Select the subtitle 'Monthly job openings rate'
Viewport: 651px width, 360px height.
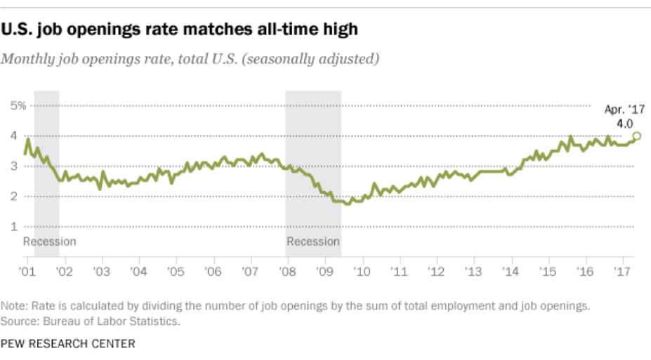click(x=190, y=58)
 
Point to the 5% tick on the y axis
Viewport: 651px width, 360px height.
click(x=18, y=106)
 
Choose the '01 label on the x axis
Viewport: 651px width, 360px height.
click(x=27, y=271)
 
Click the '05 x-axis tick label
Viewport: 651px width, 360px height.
click(x=176, y=271)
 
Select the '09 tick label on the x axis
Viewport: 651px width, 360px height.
click(x=324, y=271)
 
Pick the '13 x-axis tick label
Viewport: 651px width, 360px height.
click(x=473, y=271)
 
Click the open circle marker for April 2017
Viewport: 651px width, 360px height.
click(x=637, y=136)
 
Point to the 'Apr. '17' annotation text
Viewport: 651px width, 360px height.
click(x=624, y=109)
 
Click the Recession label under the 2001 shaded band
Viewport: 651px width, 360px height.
click(x=49, y=242)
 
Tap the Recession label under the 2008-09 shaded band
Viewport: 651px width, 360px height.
click(x=313, y=242)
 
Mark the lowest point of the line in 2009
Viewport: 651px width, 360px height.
click(x=348, y=204)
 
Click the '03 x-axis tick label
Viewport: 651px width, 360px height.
click(x=101, y=271)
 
